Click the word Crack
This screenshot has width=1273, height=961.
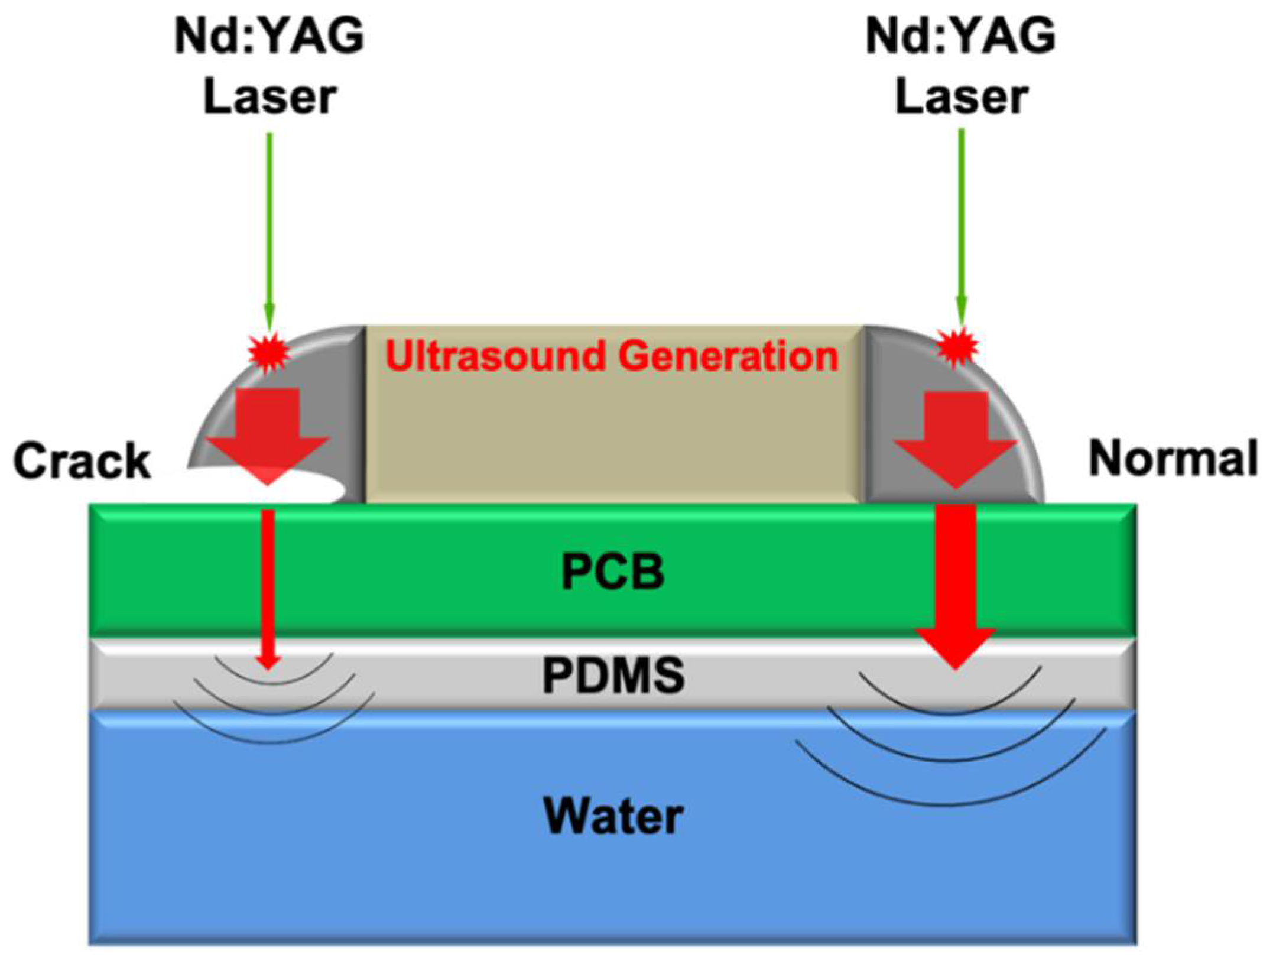point(82,461)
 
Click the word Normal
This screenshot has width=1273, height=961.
point(1173,459)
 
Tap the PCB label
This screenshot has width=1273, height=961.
point(612,572)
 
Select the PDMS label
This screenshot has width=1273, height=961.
point(613,676)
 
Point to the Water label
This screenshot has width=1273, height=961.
point(613,817)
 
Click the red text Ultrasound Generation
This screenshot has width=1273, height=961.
point(612,356)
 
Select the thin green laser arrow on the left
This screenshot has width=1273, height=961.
point(269,225)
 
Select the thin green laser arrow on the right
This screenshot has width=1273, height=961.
point(962,225)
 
